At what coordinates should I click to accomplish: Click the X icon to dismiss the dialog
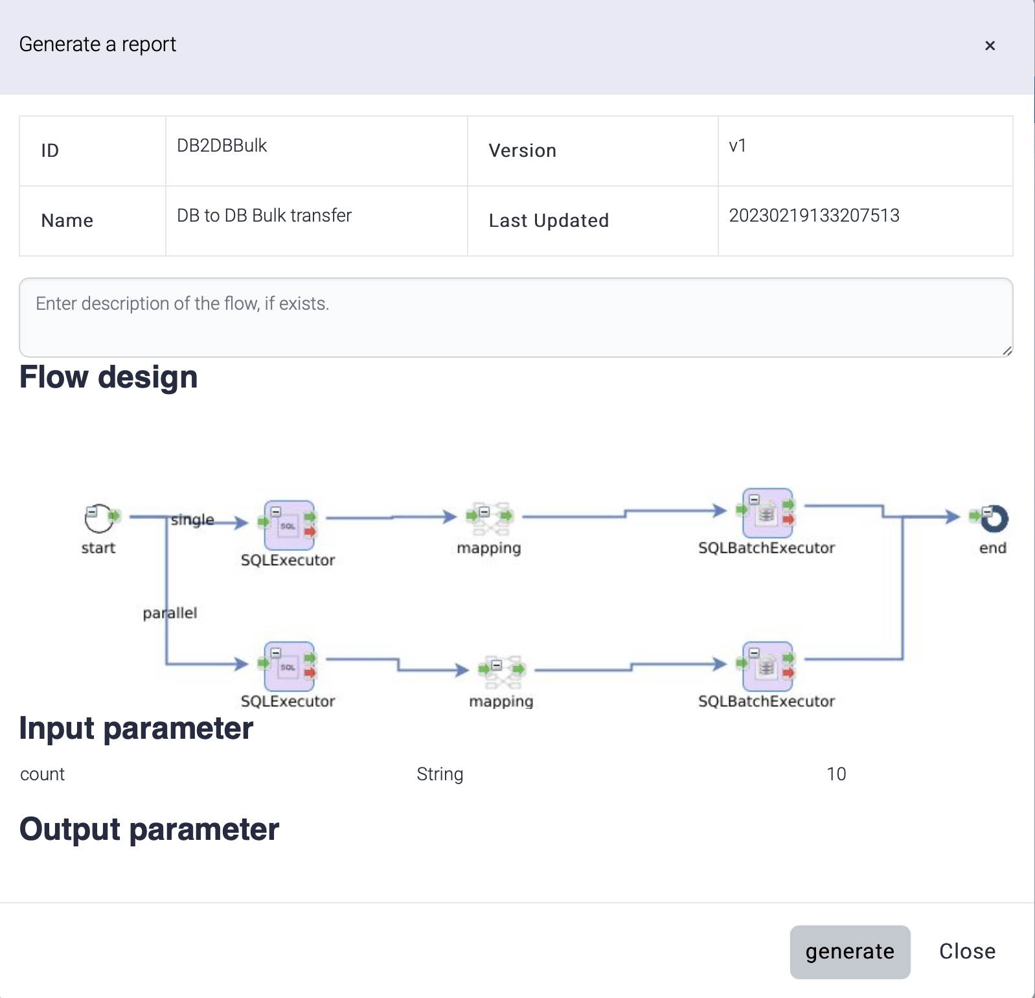click(989, 45)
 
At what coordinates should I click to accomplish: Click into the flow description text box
click(516, 318)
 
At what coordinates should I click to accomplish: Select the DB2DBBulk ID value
click(222, 146)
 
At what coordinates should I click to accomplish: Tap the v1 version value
click(737, 146)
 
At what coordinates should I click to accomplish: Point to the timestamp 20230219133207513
click(813, 216)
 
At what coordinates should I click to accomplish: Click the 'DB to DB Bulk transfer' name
click(264, 216)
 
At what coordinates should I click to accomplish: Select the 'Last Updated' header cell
click(548, 221)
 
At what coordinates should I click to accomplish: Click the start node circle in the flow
click(99, 518)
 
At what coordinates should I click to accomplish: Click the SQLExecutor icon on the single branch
click(289, 525)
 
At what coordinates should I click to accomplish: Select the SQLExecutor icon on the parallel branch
click(289, 666)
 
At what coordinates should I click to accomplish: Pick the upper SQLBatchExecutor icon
click(768, 513)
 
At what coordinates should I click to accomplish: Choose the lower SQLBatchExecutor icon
click(768, 666)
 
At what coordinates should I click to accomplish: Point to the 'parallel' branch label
click(170, 613)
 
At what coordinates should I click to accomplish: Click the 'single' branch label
click(192, 520)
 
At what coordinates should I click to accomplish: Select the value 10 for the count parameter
click(836, 774)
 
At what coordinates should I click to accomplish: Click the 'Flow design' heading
click(108, 377)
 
